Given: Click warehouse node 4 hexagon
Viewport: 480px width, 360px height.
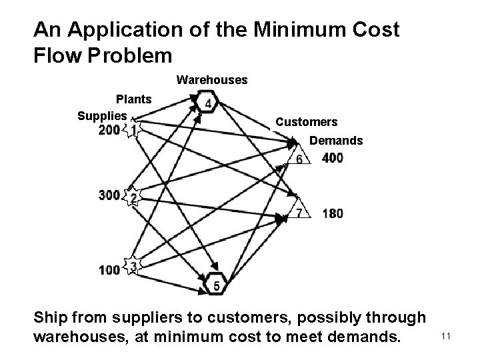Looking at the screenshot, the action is click(209, 103).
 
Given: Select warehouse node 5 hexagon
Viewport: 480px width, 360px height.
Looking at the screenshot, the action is click(216, 285).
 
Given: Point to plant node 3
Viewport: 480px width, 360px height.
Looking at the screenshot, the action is click(133, 267).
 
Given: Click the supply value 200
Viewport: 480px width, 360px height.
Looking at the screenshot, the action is click(109, 130).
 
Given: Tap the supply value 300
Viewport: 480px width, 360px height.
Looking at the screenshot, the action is click(109, 195).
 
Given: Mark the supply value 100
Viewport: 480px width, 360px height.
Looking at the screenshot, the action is click(109, 269).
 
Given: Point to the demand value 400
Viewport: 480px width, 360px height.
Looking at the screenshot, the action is click(333, 158).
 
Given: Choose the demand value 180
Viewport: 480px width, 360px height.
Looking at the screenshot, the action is click(333, 213).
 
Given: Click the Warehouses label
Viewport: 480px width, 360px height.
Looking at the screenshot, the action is click(212, 81).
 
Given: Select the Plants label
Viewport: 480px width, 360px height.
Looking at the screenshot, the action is click(134, 99).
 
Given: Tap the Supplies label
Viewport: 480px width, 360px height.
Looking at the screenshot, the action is click(102, 116).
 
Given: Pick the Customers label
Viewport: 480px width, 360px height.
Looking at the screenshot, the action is click(307, 123).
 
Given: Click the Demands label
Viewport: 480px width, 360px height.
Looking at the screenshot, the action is click(337, 141).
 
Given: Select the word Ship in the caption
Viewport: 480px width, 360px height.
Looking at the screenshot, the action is click(54, 320).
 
